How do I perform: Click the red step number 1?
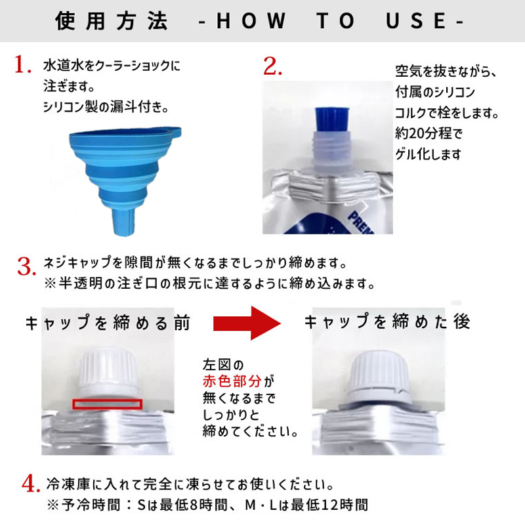23,64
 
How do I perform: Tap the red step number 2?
272,66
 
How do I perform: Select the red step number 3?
27,266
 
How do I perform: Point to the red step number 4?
31,484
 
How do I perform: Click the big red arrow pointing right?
247,323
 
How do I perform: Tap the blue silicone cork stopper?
332,120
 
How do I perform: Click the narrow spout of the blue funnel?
125,222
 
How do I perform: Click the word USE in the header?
416,21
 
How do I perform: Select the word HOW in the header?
251,21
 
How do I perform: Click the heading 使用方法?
112,21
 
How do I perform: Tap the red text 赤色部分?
232,381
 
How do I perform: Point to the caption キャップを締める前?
108,323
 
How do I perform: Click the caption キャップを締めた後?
387,322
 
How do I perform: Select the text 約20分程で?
429,134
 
